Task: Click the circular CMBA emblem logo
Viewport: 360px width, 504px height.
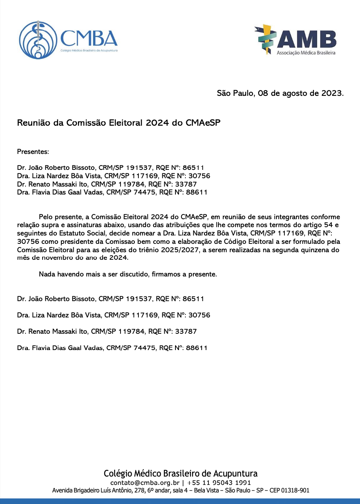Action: point(38,40)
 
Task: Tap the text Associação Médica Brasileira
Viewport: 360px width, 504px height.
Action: point(306,53)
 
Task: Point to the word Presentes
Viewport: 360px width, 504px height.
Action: point(33,152)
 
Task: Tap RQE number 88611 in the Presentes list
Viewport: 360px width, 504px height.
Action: point(194,193)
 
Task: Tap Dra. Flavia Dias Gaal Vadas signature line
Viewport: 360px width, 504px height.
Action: point(112,348)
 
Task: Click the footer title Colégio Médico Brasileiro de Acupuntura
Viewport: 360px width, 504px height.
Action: point(181,473)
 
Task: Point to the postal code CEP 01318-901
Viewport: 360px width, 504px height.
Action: point(289,490)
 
